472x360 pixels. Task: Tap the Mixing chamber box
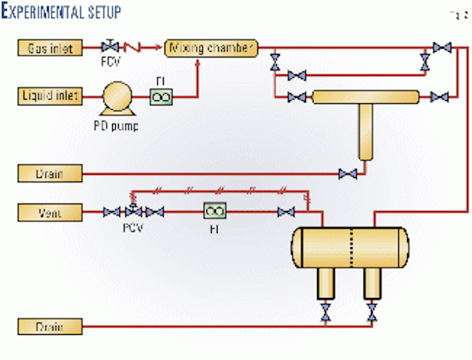pos(211,48)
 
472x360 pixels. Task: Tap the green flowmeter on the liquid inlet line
pos(160,96)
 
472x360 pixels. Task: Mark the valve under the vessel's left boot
pos(324,311)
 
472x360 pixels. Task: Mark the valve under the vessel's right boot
pos(372,311)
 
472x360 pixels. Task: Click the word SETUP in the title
pos(100,13)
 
